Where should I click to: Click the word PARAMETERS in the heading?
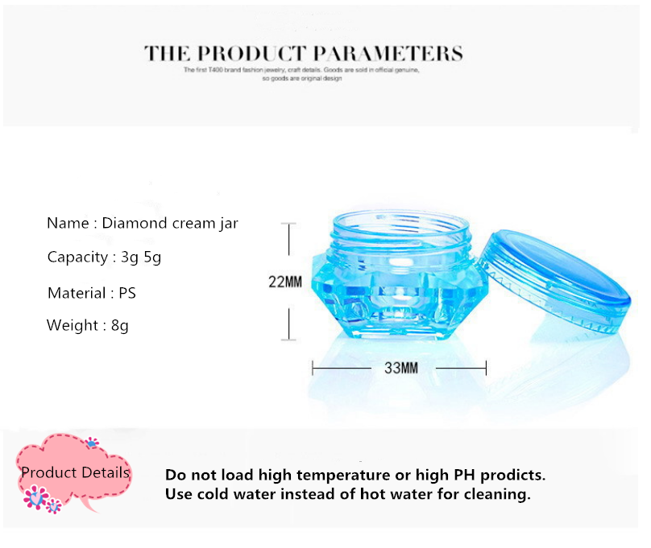(388, 53)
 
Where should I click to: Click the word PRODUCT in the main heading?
(251, 53)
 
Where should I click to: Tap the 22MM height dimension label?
(285, 282)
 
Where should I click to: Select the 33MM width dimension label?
(401, 368)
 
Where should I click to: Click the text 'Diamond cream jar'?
(170, 224)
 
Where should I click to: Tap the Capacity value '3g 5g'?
(141, 258)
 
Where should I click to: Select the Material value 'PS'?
(127, 293)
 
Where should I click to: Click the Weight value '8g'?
(120, 326)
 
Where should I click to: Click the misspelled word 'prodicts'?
(512, 476)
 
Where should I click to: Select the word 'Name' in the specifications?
(68, 223)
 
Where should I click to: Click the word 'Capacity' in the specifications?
(77, 258)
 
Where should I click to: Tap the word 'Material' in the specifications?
(77, 293)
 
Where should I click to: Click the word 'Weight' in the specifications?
(73, 326)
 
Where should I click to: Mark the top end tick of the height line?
(288, 224)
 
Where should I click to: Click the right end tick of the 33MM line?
(486, 368)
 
